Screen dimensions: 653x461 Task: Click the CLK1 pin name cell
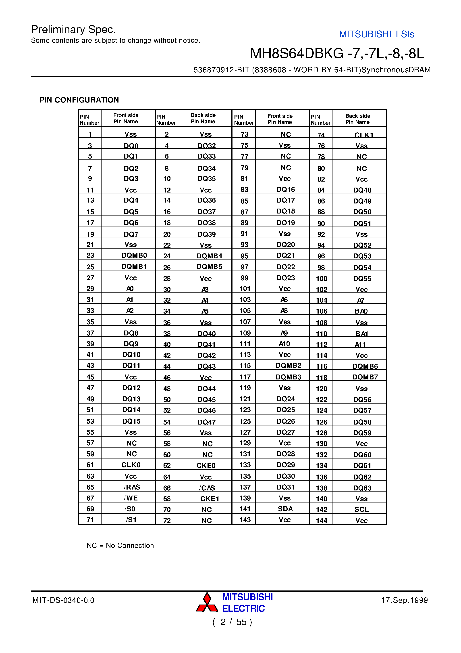tap(363, 135)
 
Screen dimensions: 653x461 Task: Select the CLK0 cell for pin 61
tap(131, 465)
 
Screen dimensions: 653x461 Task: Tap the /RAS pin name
tap(132, 487)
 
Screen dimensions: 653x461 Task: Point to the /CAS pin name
tap(207, 488)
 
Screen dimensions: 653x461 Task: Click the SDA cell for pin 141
tap(285, 509)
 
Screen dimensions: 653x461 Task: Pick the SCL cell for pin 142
tap(361, 509)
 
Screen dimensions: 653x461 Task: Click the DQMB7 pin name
tap(365, 377)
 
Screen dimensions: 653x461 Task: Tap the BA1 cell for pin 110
tap(361, 334)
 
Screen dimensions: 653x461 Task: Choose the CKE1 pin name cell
tap(210, 498)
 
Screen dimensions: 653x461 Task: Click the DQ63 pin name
tap(362, 488)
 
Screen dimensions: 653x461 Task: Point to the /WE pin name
tap(131, 498)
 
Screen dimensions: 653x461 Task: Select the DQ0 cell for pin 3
tap(131, 146)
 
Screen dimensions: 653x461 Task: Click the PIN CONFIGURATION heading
tap(79, 100)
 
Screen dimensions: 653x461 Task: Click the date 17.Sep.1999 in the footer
tap(404, 600)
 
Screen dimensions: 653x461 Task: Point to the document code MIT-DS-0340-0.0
tap(63, 600)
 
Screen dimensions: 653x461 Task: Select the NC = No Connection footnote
tap(120, 545)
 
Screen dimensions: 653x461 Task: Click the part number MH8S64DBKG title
tap(337, 53)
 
